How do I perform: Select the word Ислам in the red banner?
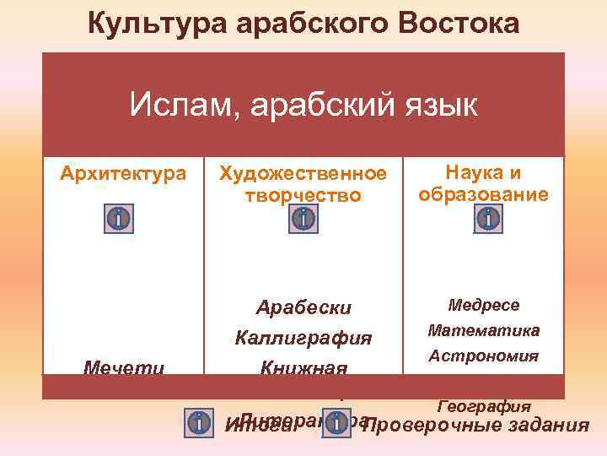coord(173,106)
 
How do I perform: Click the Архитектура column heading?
coord(123,174)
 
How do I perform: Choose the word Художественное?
coord(303,174)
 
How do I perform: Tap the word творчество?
coord(303,195)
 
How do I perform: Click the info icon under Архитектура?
coord(120,219)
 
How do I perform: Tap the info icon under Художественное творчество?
coord(303,219)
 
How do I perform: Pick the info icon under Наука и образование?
coord(487,219)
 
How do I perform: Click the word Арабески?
coord(303,307)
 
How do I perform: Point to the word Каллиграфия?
coord(303,339)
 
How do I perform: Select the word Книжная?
coord(303,368)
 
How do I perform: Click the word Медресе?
coord(484,305)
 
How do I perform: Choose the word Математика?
coord(484,330)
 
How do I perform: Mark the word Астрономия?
coord(483,356)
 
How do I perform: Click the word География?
coord(484,407)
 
